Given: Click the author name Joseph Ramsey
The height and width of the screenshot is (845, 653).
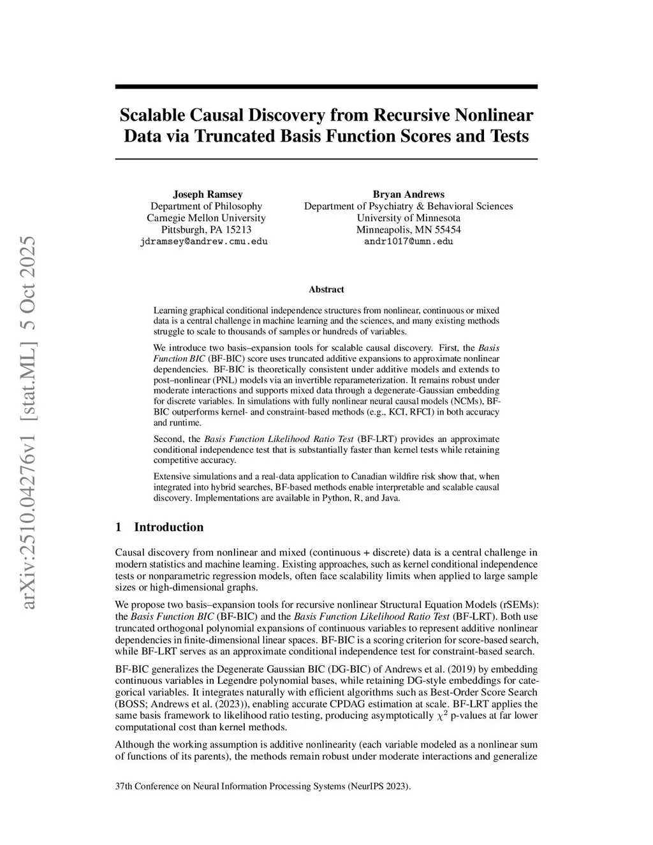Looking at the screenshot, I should click(207, 194).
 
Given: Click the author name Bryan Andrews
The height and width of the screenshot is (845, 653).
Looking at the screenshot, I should click(408, 194).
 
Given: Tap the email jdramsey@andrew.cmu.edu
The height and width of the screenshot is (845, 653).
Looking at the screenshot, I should click(203, 242).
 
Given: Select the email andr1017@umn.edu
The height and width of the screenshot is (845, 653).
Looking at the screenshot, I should click(408, 242).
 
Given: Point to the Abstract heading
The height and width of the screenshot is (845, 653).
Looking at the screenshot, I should click(326, 290).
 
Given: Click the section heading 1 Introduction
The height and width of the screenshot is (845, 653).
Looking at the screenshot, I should click(159, 527).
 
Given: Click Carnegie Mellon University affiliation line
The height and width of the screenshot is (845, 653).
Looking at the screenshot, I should click(206, 217).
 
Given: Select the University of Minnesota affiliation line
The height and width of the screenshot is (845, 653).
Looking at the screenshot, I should click(408, 217).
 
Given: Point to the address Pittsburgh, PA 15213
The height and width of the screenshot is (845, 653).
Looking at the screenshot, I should click(206, 230).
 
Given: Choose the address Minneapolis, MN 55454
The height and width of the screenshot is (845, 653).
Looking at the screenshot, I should click(408, 230).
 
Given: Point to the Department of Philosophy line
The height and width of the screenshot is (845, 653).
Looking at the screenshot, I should click(206, 206).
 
